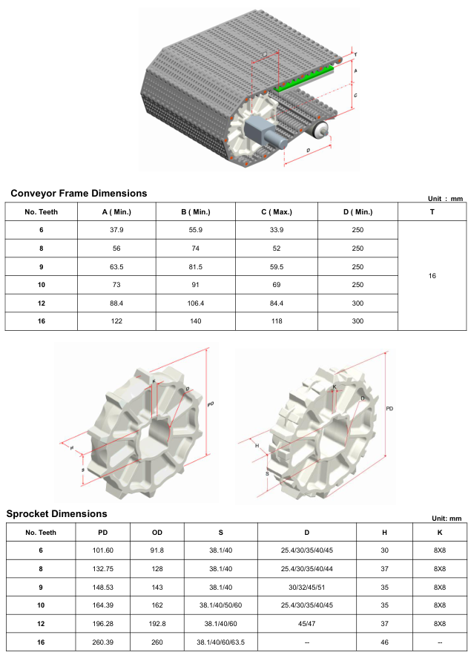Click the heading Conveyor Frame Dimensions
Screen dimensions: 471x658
(79, 194)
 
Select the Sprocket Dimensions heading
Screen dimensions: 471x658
(56, 514)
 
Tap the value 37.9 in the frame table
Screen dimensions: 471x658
(116, 230)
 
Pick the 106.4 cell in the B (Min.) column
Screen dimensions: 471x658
(195, 303)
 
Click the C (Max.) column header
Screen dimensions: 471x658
(277, 212)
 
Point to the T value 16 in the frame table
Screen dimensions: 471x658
(432, 276)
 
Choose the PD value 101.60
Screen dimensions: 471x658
(103, 550)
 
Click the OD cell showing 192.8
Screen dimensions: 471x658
(157, 624)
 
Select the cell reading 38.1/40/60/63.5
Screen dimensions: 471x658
(220, 642)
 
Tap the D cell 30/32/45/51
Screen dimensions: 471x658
(306, 588)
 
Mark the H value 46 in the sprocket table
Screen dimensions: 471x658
(384, 642)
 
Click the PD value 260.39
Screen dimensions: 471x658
(103, 642)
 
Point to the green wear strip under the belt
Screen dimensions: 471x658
(303, 79)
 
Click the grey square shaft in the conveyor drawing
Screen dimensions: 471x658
(258, 129)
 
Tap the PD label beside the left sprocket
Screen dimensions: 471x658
(211, 404)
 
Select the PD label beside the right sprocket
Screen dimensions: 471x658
(389, 409)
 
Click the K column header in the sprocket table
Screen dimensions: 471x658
(440, 533)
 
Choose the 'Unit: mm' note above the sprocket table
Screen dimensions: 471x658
(447, 519)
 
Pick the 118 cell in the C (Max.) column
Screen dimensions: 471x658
(277, 321)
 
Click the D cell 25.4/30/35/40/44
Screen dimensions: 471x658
(306, 569)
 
